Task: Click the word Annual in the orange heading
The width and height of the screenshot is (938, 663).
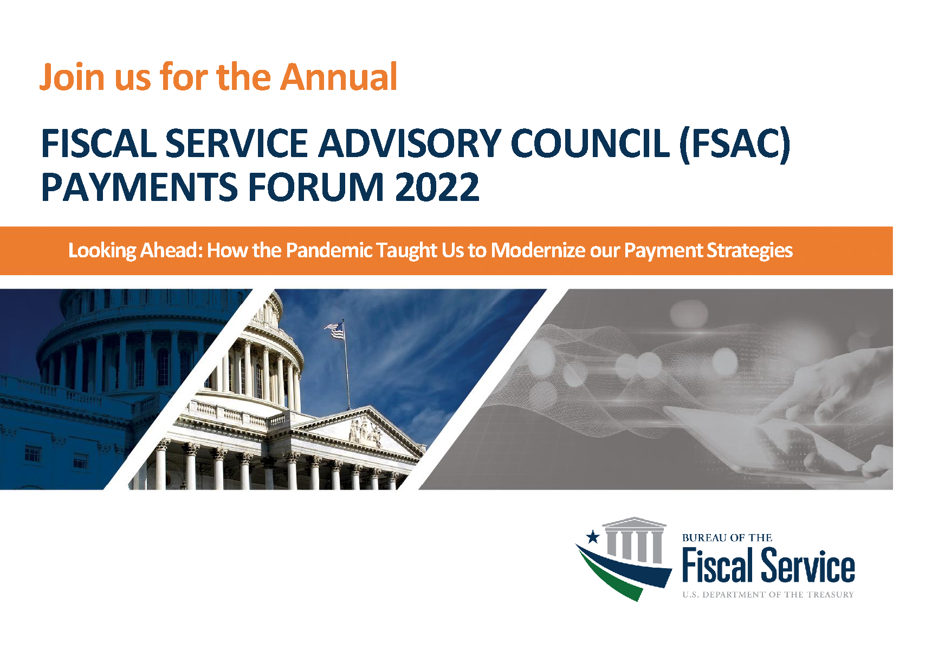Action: click(x=339, y=76)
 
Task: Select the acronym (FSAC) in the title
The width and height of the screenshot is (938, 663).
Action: click(x=734, y=144)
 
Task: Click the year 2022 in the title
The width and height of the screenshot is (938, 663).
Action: click(x=437, y=187)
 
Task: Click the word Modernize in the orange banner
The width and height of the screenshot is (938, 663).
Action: click(x=536, y=250)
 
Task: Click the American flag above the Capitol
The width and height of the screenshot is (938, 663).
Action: click(x=335, y=330)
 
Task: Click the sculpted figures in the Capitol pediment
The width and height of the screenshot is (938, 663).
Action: click(x=365, y=432)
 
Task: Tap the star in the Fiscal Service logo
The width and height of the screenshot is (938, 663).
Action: click(x=593, y=537)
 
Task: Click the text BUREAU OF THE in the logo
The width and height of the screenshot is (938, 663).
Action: click(x=727, y=538)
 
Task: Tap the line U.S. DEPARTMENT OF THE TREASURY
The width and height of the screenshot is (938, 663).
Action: click(x=768, y=595)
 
